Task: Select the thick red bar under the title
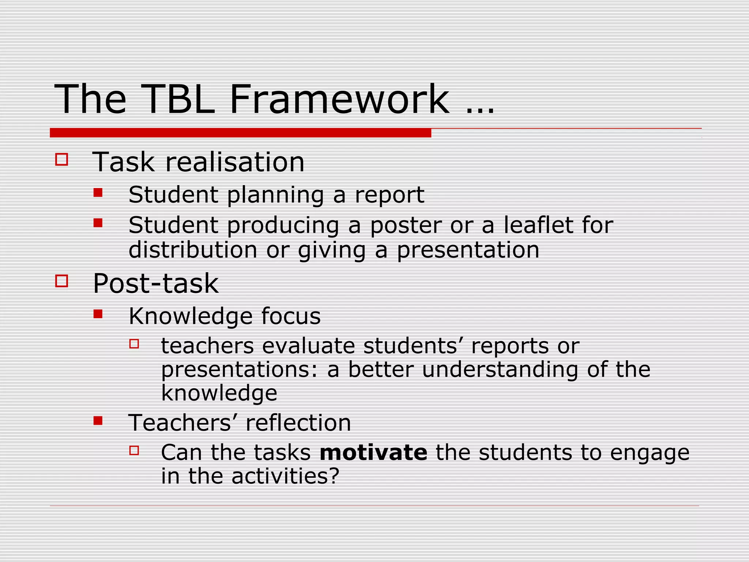coord(240,133)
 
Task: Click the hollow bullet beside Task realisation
coord(61,160)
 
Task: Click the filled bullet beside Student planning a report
coord(98,192)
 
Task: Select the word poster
coord(406,225)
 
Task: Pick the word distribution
coord(193,250)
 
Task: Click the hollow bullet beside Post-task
coord(61,281)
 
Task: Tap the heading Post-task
coord(156,284)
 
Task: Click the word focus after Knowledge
coord(291,316)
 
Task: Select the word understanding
coord(500,370)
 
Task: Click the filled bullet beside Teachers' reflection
coord(98,421)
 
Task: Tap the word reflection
coord(298,423)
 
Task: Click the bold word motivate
coord(373,453)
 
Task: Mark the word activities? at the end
coord(285,476)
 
